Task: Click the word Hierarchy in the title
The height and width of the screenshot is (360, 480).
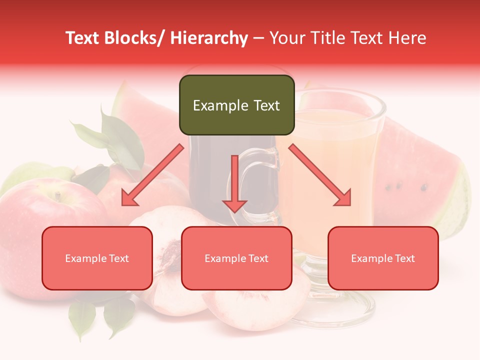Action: (209, 38)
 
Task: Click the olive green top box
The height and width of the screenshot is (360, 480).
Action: (236, 105)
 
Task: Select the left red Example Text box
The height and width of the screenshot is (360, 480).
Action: (97, 258)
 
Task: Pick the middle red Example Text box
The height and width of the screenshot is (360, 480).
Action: (236, 258)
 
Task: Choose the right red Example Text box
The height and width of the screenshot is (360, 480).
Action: (383, 258)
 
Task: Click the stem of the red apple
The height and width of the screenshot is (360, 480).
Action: (58, 196)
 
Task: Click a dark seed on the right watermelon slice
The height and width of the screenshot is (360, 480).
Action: (424, 188)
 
